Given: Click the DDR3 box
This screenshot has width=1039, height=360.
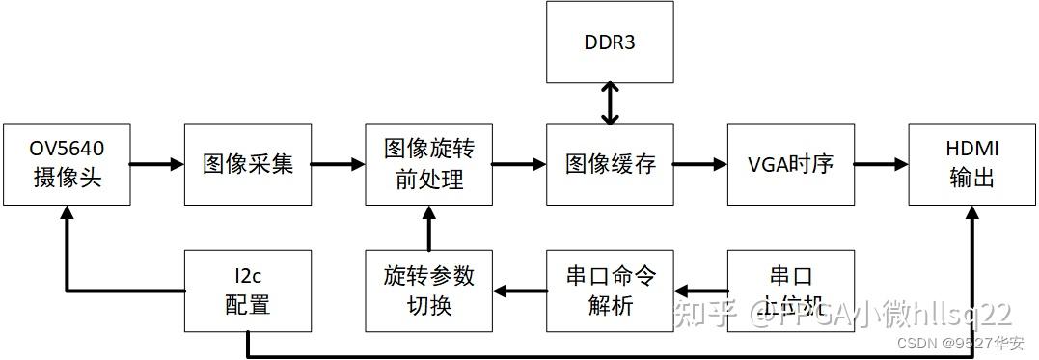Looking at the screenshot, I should pos(609,42).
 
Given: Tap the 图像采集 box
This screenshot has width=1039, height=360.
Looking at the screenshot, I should pos(247,164).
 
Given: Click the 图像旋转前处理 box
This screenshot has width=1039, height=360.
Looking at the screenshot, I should pos(428,164).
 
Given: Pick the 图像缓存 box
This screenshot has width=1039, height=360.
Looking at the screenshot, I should pos(610,164).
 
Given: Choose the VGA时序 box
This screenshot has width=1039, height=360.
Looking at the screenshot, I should pos(791,164).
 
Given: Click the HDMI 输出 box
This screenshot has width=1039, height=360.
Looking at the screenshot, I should pos(971,164).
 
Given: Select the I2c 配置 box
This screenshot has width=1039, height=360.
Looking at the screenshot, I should pos(247,291).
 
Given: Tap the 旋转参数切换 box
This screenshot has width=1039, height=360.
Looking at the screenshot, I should pos(428,291).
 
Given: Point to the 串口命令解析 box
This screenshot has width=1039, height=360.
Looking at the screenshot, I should pos(610,291).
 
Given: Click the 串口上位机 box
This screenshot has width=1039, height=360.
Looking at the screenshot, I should pos(791,291).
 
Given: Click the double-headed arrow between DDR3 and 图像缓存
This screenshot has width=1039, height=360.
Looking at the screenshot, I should pos(609,103).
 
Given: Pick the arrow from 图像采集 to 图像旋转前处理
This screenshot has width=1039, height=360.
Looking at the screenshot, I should pos(337,164).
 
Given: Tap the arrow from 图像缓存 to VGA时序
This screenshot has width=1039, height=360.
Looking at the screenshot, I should pos(699,164).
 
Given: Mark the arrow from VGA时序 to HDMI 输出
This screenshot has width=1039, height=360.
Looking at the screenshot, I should pos(881,164).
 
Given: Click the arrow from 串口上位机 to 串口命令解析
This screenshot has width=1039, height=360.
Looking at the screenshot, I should pos(700,290).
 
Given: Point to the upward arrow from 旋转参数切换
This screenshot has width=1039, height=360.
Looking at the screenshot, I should pos(428,228).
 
